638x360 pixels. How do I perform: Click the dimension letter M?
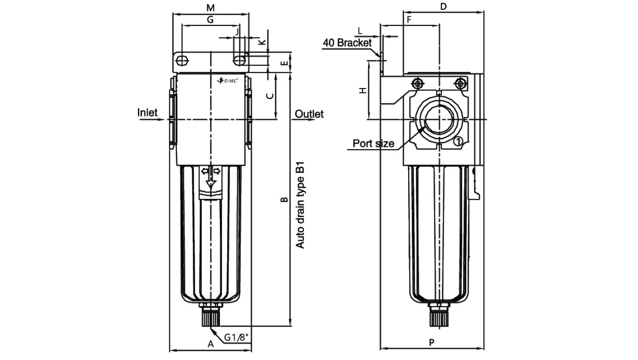(211, 7)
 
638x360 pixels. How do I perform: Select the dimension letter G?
(210, 20)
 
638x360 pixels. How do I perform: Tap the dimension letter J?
(237, 32)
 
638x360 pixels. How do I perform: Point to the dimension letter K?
(262, 42)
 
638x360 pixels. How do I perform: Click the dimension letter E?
(283, 63)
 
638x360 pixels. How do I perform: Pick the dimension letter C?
(270, 96)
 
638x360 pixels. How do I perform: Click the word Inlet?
(147, 112)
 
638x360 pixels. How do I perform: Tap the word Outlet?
(309, 114)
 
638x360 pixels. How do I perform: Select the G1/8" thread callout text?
(236, 337)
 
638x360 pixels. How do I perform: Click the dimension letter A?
(211, 344)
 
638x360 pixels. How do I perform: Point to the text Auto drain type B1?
(300, 205)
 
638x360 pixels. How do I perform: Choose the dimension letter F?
(409, 20)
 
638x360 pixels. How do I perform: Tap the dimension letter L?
(360, 31)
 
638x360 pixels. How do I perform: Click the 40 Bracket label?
(347, 43)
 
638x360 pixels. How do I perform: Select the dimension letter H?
(363, 90)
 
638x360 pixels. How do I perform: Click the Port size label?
(373, 143)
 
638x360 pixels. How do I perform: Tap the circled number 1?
(459, 141)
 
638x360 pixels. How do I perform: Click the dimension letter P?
(432, 343)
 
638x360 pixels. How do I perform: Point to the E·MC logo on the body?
(228, 81)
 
